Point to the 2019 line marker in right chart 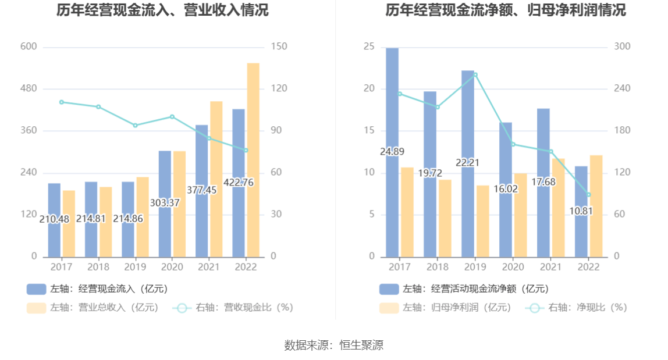click(x=475, y=74)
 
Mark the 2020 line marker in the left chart click(x=172, y=117)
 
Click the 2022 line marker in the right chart click(x=588, y=195)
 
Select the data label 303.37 click(x=165, y=203)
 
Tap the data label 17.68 click(x=543, y=182)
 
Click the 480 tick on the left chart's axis click(x=29, y=88)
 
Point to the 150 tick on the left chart click(x=279, y=47)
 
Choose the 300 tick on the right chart click(x=623, y=47)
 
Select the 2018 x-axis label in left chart click(x=98, y=267)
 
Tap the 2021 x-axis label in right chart click(x=550, y=267)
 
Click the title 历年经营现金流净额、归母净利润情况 click(x=506, y=10)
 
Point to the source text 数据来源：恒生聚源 click(x=334, y=345)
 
